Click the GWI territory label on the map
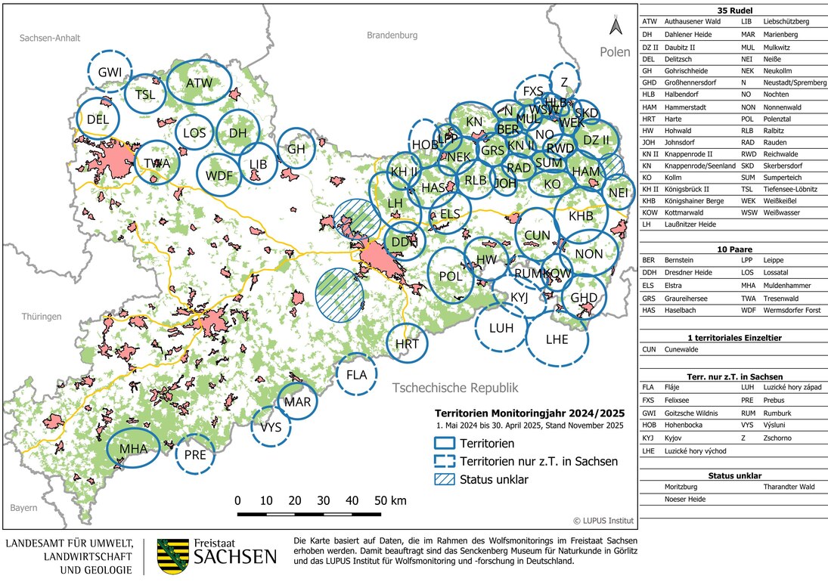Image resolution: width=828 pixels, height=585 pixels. [x=110, y=72]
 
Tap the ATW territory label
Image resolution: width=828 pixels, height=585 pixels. [x=198, y=82]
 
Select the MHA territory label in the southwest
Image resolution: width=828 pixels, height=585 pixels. [x=132, y=449]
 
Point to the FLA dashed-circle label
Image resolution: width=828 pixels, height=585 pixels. [x=356, y=375]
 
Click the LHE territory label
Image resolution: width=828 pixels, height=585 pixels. [x=557, y=339]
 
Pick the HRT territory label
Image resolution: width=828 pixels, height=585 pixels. [x=407, y=343]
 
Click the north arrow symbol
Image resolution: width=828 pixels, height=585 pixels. [x=616, y=28]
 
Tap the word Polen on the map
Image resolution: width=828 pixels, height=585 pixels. [x=615, y=52]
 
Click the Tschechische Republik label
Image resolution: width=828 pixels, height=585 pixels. [x=455, y=388]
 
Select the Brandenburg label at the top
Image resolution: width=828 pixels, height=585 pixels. [x=392, y=36]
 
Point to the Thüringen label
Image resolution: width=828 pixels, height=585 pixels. [x=41, y=317]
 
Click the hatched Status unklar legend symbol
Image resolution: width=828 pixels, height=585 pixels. [x=451, y=480]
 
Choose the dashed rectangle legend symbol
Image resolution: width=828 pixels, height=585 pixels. [x=451, y=462]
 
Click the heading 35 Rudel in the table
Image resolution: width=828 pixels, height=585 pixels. [x=733, y=10]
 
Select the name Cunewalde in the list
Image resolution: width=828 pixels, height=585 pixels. [x=682, y=349]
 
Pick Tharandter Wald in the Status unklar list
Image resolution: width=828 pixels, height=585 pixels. [x=789, y=487]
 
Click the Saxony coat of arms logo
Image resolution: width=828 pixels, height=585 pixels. [x=171, y=556]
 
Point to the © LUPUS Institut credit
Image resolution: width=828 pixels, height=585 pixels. [x=603, y=520]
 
